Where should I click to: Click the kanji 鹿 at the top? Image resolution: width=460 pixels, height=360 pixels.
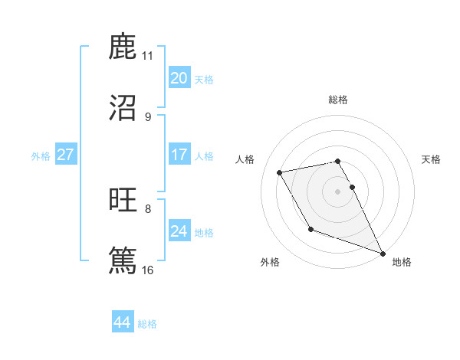(123, 47)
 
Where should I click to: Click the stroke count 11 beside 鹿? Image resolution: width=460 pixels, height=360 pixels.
(147, 55)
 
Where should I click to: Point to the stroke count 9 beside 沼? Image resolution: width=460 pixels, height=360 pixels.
(147, 116)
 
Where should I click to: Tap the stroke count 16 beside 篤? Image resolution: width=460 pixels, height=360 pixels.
(147, 270)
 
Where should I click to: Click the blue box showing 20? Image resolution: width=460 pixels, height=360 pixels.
(179, 77)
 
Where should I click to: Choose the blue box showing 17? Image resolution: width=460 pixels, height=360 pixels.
(179, 155)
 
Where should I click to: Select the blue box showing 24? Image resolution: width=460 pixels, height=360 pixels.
(179, 231)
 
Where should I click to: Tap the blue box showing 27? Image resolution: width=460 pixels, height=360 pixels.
(65, 155)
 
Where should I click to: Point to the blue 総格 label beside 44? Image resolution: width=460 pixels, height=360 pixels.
(147, 324)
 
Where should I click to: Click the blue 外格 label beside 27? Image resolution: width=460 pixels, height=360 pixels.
(41, 156)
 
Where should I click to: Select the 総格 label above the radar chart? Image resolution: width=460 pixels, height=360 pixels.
(337, 100)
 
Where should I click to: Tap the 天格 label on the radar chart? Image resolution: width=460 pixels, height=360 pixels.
(432, 159)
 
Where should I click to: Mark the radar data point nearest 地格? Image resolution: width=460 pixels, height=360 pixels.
(383, 254)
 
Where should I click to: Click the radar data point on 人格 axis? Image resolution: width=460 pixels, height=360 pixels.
(281, 172)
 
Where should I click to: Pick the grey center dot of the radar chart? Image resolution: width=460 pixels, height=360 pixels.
(338, 191)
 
